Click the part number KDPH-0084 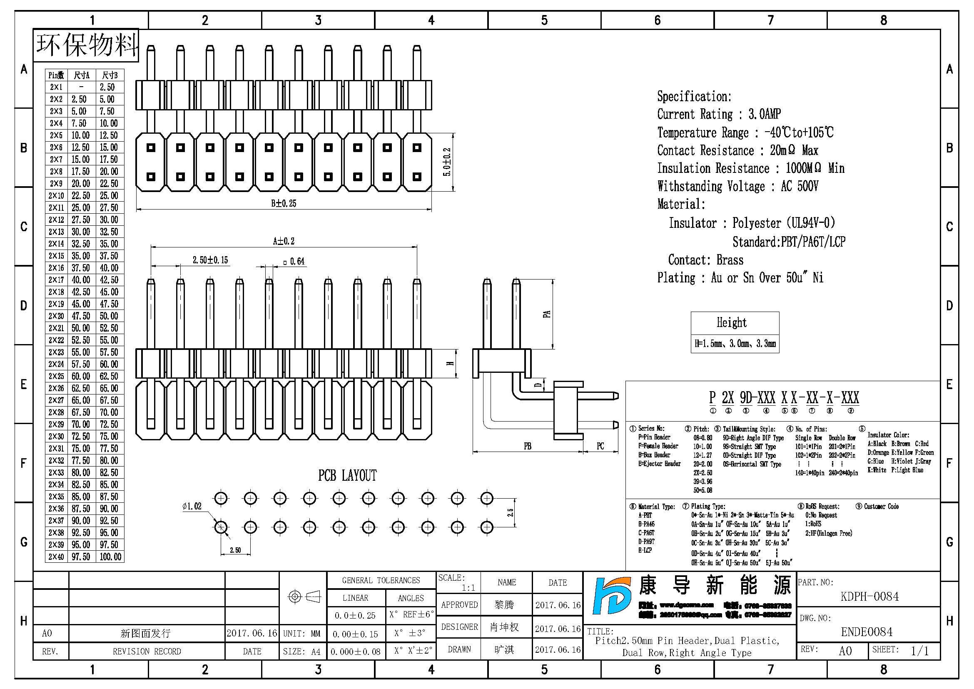[x=869, y=597]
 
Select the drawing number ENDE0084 [x=867, y=632]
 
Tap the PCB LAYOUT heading [x=347, y=476]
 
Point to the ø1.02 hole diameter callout [x=192, y=506]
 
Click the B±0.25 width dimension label [x=284, y=203]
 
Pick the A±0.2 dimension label [x=284, y=242]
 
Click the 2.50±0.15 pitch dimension [x=210, y=260]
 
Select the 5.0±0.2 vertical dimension [x=447, y=162]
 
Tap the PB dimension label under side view [x=527, y=446]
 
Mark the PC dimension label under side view [x=600, y=446]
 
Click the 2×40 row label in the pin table [x=56, y=557]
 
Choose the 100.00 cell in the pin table [x=110, y=557]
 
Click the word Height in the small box [x=732, y=322]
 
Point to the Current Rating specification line [x=719, y=114]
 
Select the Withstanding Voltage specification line [x=737, y=186]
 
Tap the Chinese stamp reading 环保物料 [x=87, y=45]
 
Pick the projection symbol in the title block [x=304, y=597]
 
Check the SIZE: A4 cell [x=302, y=652]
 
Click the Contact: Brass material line [x=705, y=260]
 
